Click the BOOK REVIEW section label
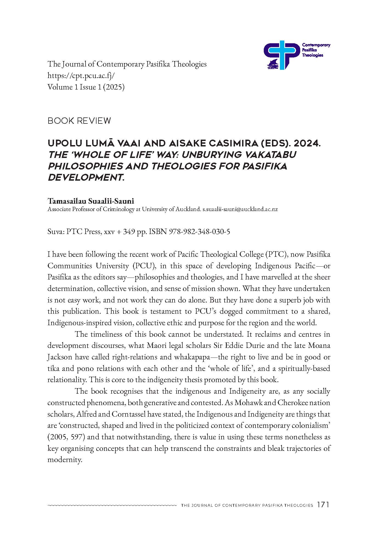[79, 121]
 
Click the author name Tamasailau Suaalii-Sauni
[91, 201]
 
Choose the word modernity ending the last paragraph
[65, 460]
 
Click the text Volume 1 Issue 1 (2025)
[86, 87]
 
